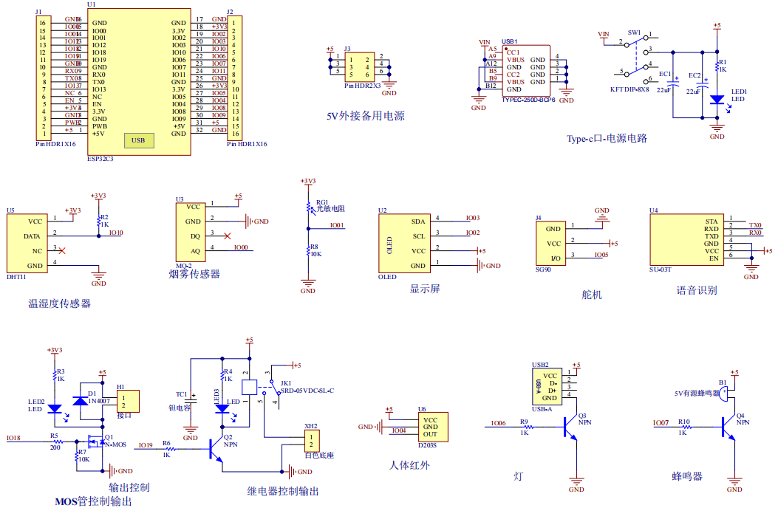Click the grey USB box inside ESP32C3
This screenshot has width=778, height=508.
pyautogui.click(x=138, y=140)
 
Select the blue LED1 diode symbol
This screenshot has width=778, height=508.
pyautogui.click(x=716, y=99)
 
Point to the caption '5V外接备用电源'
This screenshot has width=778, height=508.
pyautogui.click(x=365, y=116)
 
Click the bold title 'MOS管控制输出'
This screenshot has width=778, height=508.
pyautogui.click(x=93, y=501)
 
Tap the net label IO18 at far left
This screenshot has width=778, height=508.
pyautogui.click(x=13, y=438)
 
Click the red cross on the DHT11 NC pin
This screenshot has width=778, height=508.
pyautogui.click(x=61, y=251)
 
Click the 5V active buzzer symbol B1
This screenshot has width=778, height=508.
pyautogui.click(x=726, y=393)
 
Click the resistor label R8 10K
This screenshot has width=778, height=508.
pyautogui.click(x=315, y=250)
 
